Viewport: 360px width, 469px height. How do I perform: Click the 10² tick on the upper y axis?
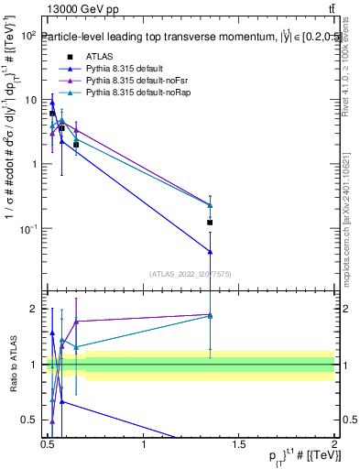pyautogui.click(x=28, y=36)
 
